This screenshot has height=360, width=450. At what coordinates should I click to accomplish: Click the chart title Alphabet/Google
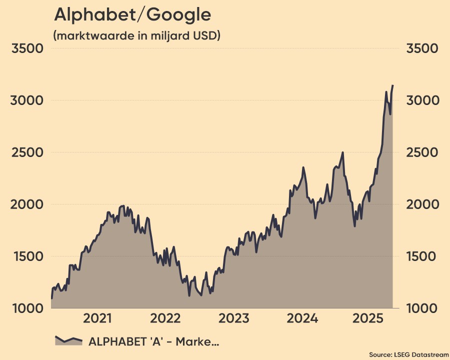(132, 15)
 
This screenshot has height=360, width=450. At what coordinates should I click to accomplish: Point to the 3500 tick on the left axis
(28, 48)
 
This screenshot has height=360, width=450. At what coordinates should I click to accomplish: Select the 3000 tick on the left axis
(28, 100)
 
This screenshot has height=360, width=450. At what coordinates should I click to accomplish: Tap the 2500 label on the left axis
(28, 152)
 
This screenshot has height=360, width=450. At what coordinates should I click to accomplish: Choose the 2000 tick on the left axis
(28, 204)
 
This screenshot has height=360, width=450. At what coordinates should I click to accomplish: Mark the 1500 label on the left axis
(28, 256)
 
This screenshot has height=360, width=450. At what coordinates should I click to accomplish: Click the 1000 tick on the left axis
(28, 308)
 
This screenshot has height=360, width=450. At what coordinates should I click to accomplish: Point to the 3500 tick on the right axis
(422, 48)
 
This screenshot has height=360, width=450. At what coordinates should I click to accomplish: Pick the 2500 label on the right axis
(422, 152)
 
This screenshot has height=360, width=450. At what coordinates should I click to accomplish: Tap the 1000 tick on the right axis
(422, 308)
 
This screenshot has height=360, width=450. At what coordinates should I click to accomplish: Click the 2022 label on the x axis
(165, 318)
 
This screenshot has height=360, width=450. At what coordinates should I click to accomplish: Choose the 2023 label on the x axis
(233, 318)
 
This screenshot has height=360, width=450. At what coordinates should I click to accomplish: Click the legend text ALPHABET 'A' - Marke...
(154, 342)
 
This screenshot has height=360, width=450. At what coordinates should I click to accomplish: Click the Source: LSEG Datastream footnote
(408, 354)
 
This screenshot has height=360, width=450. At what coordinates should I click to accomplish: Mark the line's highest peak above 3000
(392, 86)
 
